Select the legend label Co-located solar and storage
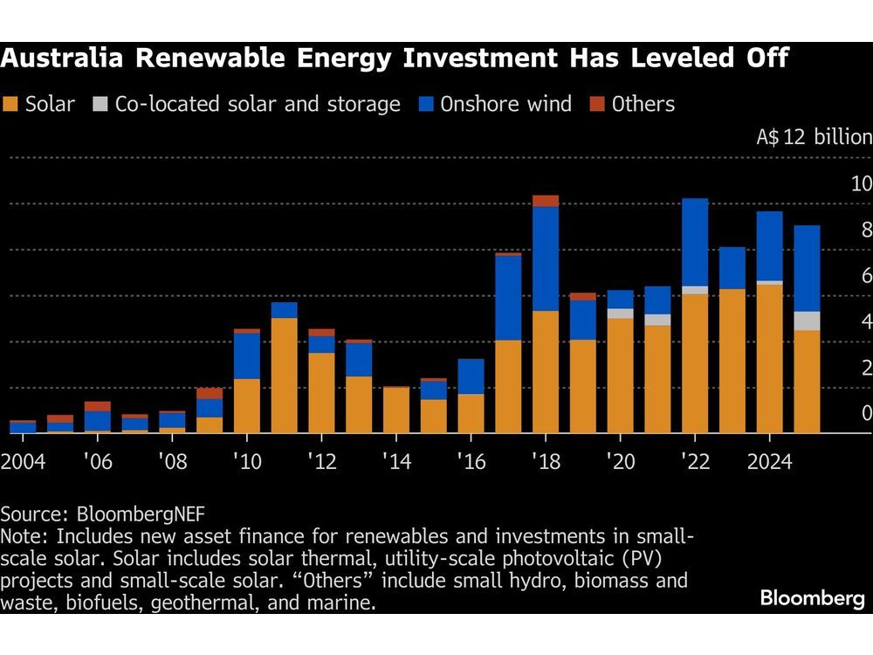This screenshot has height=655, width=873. (x=258, y=105)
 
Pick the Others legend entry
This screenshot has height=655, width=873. (x=643, y=105)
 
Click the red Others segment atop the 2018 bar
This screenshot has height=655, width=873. (x=546, y=201)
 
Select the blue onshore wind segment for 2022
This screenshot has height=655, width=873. (x=695, y=242)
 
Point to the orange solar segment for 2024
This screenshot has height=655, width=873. (x=769, y=358)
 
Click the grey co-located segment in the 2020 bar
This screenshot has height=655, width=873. (x=620, y=314)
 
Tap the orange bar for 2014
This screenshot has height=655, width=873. (x=396, y=410)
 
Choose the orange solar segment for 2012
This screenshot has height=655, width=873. (x=321, y=392)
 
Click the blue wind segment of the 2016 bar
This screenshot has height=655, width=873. (x=471, y=376)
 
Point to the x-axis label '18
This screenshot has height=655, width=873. (x=546, y=461)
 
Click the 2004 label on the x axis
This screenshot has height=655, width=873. (x=24, y=461)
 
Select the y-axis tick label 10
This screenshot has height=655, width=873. (x=861, y=184)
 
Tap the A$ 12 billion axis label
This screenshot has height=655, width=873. (x=813, y=137)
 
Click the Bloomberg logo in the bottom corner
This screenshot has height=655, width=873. (x=812, y=598)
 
